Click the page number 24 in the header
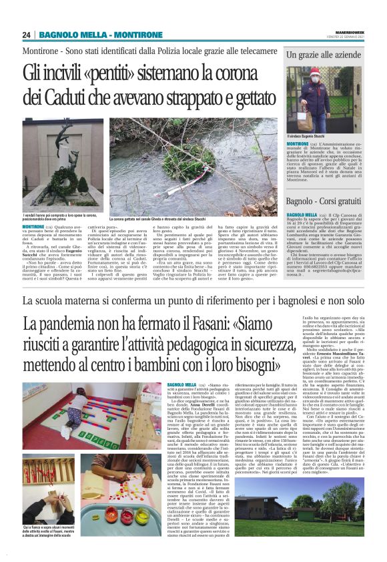(x=27, y=35)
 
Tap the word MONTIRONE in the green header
(x=125, y=35)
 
